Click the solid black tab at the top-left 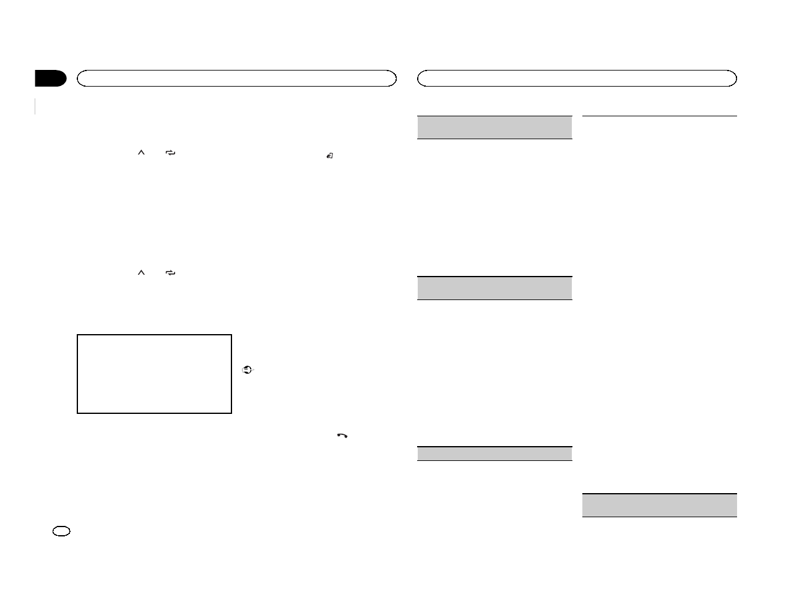tap(50, 79)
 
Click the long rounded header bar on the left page tap(236, 78)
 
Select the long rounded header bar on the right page tap(577, 78)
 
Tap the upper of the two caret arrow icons tap(140, 152)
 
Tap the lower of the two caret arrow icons tap(140, 273)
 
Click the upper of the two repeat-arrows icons tap(171, 152)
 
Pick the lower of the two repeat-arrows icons tap(171, 273)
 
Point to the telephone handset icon tap(342, 436)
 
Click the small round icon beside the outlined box tap(247, 369)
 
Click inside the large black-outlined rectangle tap(154, 374)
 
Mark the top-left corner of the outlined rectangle tap(78, 336)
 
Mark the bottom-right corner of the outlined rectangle tap(231, 412)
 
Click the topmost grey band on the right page tap(494, 127)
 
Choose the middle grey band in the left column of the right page tap(494, 288)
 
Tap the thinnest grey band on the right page tap(494, 454)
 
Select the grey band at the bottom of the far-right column tap(660, 505)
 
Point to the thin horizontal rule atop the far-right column tap(660, 116)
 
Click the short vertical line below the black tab tap(36, 106)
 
